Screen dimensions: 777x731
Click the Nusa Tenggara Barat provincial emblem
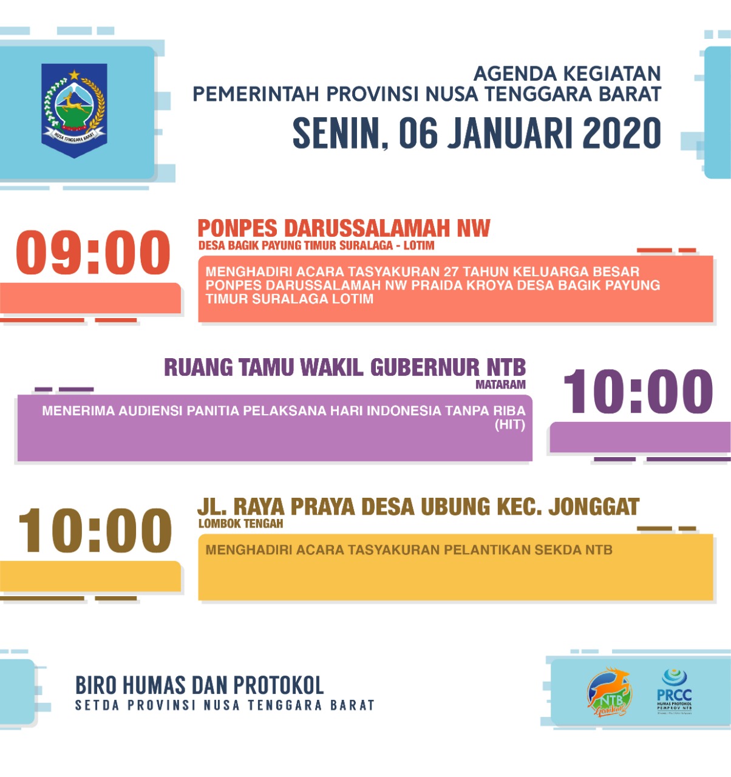[x=75, y=109]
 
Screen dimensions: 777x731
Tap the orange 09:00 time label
[x=93, y=253]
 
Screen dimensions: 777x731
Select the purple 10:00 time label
[x=638, y=392]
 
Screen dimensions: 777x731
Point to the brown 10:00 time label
[x=95, y=531]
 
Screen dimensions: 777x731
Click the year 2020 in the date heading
[x=622, y=133]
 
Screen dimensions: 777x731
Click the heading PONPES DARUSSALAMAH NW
[x=344, y=228]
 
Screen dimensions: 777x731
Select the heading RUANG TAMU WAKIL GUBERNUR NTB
[x=345, y=367]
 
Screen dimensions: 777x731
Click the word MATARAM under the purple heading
[x=500, y=384]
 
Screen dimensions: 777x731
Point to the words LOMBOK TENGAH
[x=240, y=523]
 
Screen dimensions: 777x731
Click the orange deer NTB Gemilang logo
[x=609, y=692]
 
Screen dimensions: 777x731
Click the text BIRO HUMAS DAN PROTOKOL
[x=199, y=686]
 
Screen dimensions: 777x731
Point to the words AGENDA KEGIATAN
[x=566, y=74]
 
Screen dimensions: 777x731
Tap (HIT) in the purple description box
[x=509, y=424]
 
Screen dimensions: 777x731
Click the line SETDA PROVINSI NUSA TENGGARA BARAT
[x=225, y=705]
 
